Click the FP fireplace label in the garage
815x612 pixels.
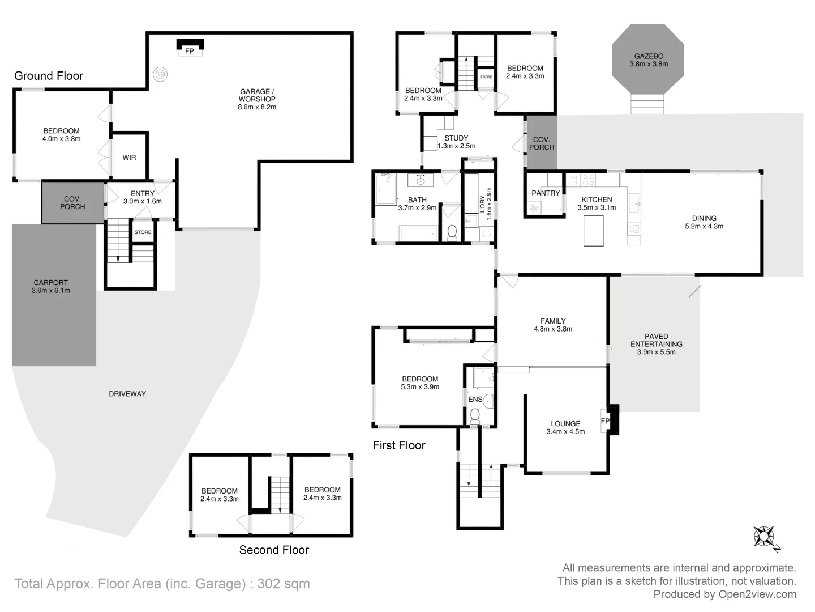coord(190,51)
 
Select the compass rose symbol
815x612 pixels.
coord(765,536)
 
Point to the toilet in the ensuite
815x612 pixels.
coord(475,416)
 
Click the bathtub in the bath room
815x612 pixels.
coord(418,233)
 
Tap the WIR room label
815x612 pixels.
coord(129,158)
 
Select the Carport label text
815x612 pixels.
coord(50,282)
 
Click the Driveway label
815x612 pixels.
coord(127,394)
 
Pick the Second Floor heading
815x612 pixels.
coord(274,550)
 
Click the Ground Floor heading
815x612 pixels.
coord(49,76)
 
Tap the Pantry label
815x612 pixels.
coord(546,193)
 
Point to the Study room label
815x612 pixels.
coord(456,138)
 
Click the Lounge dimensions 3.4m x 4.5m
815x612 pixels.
coord(565,432)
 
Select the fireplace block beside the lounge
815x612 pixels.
coord(614,420)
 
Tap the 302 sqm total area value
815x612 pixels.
coord(284,584)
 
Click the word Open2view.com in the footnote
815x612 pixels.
coord(757,594)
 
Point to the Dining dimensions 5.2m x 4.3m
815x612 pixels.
coord(704,226)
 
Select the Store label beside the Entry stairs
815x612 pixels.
coord(143,232)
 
